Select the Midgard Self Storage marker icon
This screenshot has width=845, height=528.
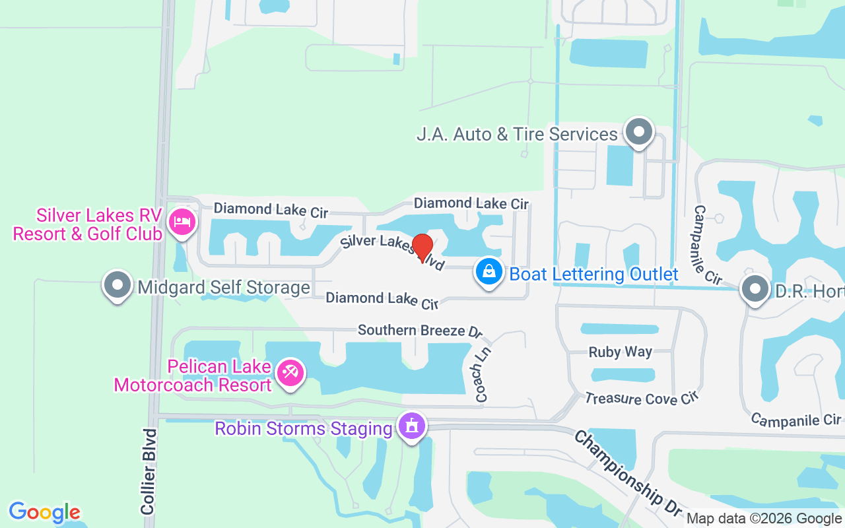click(118, 285)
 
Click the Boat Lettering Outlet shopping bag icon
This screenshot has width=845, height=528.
click(489, 272)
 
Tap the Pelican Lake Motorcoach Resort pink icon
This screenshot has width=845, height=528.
click(290, 372)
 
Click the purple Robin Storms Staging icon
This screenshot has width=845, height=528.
click(413, 426)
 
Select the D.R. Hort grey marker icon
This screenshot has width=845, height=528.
click(754, 288)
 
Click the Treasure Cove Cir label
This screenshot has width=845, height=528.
click(641, 398)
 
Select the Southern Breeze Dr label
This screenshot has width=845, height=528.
click(421, 330)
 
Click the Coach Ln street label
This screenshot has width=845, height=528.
click(483, 375)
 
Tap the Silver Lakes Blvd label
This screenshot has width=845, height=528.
click(393, 252)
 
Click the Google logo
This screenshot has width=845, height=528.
click(45, 512)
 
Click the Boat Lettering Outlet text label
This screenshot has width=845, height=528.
click(594, 274)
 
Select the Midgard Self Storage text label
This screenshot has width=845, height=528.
click(224, 288)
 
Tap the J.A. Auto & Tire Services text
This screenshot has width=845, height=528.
click(517, 135)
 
